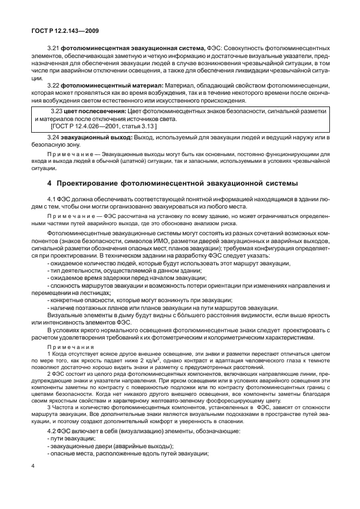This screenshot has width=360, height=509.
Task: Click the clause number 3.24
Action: pos(55,137)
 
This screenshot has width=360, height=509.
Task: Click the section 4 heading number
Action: pos(50,183)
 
